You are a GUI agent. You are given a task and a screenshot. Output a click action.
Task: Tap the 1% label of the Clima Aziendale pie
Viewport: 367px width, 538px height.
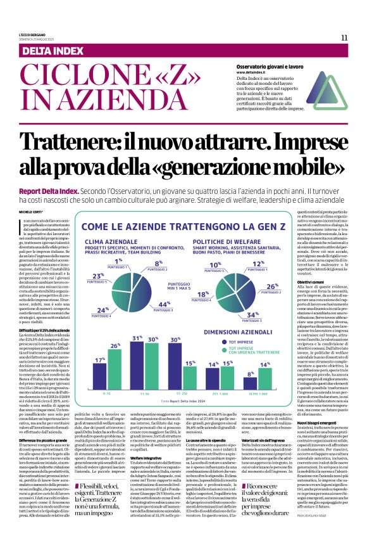[118, 261]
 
